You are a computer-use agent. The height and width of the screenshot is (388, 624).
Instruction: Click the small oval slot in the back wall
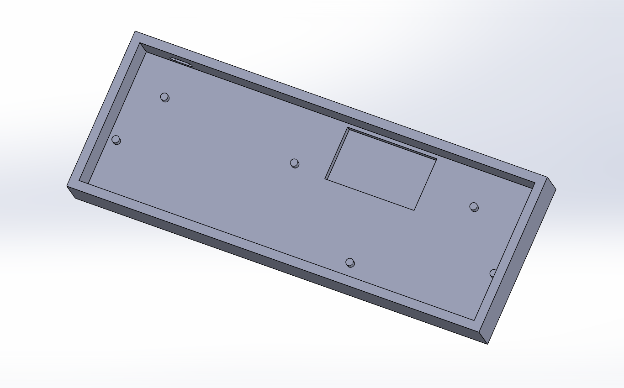181,62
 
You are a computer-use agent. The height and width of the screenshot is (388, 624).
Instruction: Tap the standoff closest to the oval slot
164,97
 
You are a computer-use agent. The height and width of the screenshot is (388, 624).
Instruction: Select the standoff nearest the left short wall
116,140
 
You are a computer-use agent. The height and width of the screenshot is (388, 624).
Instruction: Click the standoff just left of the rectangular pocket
295,163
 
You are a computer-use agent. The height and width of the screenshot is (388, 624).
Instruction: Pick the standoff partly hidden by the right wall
493,273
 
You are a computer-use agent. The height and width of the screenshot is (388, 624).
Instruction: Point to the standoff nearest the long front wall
350,262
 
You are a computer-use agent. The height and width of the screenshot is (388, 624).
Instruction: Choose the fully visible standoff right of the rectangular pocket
474,207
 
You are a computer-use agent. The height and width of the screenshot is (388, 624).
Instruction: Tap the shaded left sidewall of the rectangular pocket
336,153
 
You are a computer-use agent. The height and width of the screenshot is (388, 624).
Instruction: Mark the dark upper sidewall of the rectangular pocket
393,144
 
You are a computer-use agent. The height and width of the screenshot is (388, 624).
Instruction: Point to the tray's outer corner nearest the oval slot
135,31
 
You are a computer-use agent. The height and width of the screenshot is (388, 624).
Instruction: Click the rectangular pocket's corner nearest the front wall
414,210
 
